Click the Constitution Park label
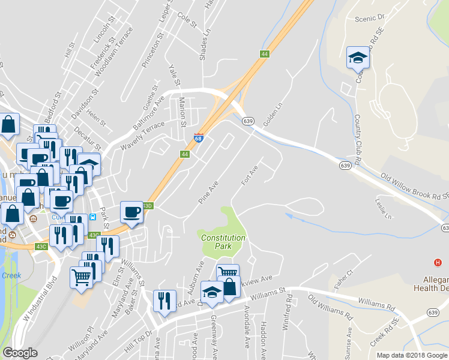223,242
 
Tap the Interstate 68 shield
199,139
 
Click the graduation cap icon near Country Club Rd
358,58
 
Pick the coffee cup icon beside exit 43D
132,212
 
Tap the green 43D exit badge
148,206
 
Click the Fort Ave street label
249,175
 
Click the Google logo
20,353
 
